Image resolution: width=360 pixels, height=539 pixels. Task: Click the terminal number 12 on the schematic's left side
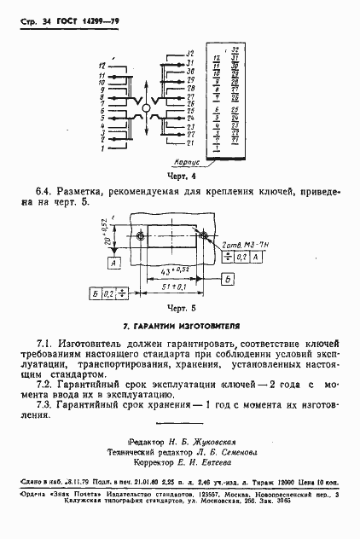(x=102, y=66)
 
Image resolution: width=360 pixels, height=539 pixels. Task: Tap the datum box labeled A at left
(x=113, y=264)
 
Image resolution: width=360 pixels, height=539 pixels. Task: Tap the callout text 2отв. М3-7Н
(x=240, y=245)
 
